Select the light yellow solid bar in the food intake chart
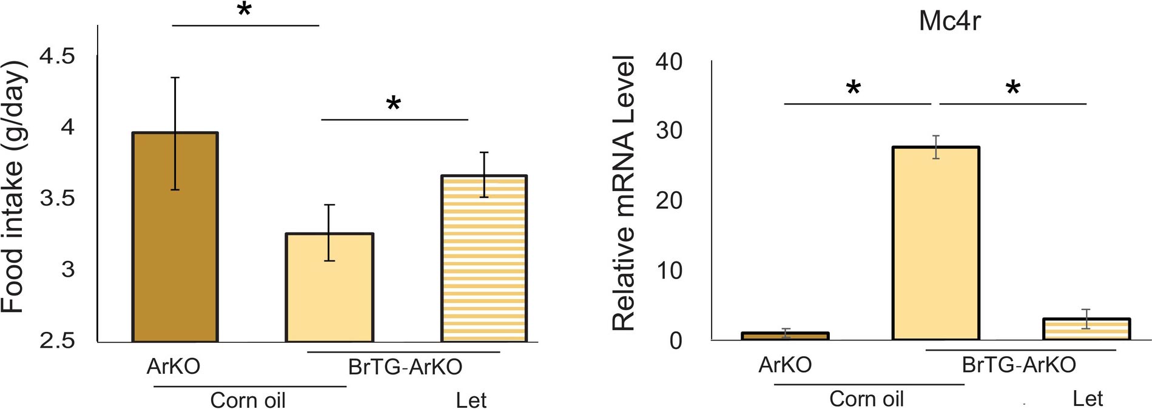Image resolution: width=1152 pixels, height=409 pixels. coord(329,288)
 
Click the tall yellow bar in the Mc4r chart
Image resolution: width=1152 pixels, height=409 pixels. coord(936,243)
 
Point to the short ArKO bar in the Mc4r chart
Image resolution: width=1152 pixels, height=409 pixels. coord(785,336)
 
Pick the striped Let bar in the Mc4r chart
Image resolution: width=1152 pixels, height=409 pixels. coord(1086,329)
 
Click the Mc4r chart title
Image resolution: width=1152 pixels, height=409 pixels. coord(949,21)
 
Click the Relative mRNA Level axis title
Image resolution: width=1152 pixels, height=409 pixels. coord(623,193)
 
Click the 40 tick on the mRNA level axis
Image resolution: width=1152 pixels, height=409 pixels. coord(669,61)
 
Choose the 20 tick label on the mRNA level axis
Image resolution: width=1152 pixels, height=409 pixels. coord(669,200)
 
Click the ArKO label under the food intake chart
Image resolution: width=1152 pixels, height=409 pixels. coord(173,367)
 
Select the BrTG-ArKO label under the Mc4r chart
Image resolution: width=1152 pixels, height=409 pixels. coord(1019,365)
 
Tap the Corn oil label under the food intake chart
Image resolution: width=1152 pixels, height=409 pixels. coord(248,400)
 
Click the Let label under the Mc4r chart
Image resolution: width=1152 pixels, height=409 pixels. coord(1087,399)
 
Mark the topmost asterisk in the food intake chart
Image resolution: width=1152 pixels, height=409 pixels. coord(244,10)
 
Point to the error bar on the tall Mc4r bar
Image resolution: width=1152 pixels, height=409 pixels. coord(936,147)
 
